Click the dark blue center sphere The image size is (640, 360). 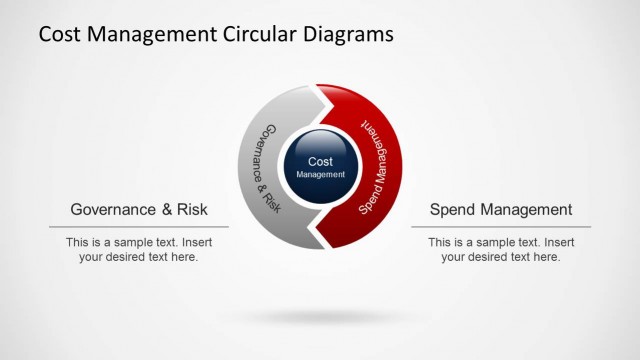(320, 166)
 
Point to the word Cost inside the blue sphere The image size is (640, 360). (320, 161)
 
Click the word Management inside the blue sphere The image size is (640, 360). (320, 175)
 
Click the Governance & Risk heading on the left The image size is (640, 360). (139, 210)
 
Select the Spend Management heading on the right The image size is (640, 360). (501, 210)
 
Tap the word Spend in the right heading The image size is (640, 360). (450, 210)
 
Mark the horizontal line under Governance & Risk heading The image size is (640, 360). (139, 227)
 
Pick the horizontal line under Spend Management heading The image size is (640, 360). (501, 227)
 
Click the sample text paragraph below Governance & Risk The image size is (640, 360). (139, 249)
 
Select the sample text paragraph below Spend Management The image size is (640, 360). (501, 249)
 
